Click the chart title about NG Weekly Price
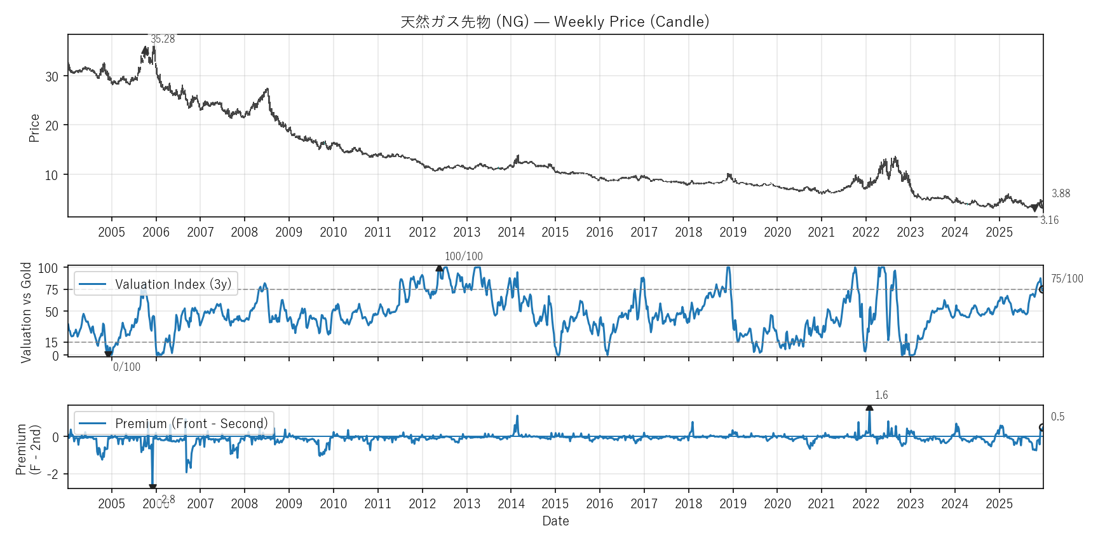tap(555, 22)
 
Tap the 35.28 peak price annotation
tap(163, 39)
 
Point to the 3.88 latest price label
tap(1061, 193)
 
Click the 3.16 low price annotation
tap(1049, 220)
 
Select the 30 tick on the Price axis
tap(52, 77)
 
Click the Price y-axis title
tap(34, 128)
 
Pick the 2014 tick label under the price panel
tap(511, 232)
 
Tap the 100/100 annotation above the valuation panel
tap(463, 256)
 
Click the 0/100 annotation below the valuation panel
tap(126, 367)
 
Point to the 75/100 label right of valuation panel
tap(1067, 279)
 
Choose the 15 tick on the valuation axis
tap(51, 343)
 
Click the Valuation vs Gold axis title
tap(26, 312)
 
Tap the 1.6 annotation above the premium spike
tap(881, 395)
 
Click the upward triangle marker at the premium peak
tap(869, 408)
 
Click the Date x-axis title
tap(555, 521)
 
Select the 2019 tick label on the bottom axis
tap(733, 504)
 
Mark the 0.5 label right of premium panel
tap(1057, 417)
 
